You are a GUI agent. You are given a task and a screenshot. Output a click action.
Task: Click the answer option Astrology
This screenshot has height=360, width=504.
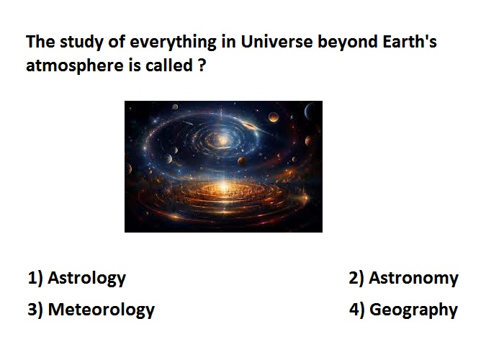[x=87, y=278]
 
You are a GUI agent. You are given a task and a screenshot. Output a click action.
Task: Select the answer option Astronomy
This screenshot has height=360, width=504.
[x=413, y=278]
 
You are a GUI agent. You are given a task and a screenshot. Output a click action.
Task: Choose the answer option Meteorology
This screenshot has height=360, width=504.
[x=102, y=310]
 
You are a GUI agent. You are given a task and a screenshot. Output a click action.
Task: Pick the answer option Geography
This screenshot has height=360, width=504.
[x=413, y=310]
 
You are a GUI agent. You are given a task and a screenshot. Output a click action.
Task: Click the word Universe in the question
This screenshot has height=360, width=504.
[x=276, y=42]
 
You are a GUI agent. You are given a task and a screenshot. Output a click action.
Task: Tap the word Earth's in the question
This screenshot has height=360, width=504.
[x=410, y=42]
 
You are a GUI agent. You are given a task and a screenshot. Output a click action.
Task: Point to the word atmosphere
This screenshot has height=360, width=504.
[x=75, y=66]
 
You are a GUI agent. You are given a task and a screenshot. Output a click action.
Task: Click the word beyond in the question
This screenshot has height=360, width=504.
[x=348, y=42]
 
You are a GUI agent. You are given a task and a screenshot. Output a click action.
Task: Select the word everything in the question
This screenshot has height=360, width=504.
[x=173, y=42]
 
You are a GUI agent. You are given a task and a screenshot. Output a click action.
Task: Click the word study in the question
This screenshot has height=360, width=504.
[x=81, y=42]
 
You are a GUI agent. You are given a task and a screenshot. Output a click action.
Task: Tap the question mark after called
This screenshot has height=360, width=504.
[x=202, y=66]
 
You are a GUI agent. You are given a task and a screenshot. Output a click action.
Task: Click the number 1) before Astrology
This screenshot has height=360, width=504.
[x=35, y=278]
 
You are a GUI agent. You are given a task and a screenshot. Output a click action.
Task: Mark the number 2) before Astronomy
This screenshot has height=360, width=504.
[x=356, y=278]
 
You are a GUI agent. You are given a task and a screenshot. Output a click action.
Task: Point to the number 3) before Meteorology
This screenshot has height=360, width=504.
[x=35, y=309]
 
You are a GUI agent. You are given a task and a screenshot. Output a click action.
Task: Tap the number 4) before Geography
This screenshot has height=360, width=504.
[x=357, y=309]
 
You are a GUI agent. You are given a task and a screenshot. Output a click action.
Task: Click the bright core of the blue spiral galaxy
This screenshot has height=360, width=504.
[x=222, y=140]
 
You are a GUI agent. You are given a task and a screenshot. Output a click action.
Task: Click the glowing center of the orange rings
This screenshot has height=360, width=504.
[x=224, y=189]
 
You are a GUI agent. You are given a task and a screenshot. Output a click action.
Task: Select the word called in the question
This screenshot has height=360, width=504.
[x=169, y=66]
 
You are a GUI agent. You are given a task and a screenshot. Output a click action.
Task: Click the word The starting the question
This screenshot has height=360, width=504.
[x=40, y=42]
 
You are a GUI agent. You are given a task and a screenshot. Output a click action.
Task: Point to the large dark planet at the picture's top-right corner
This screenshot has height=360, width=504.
[x=313, y=111]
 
